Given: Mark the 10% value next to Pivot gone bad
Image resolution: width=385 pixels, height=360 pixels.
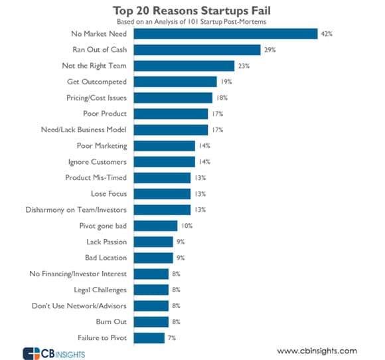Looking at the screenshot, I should tap(188, 226).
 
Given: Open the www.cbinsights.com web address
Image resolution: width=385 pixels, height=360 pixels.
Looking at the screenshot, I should tap(317, 351).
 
